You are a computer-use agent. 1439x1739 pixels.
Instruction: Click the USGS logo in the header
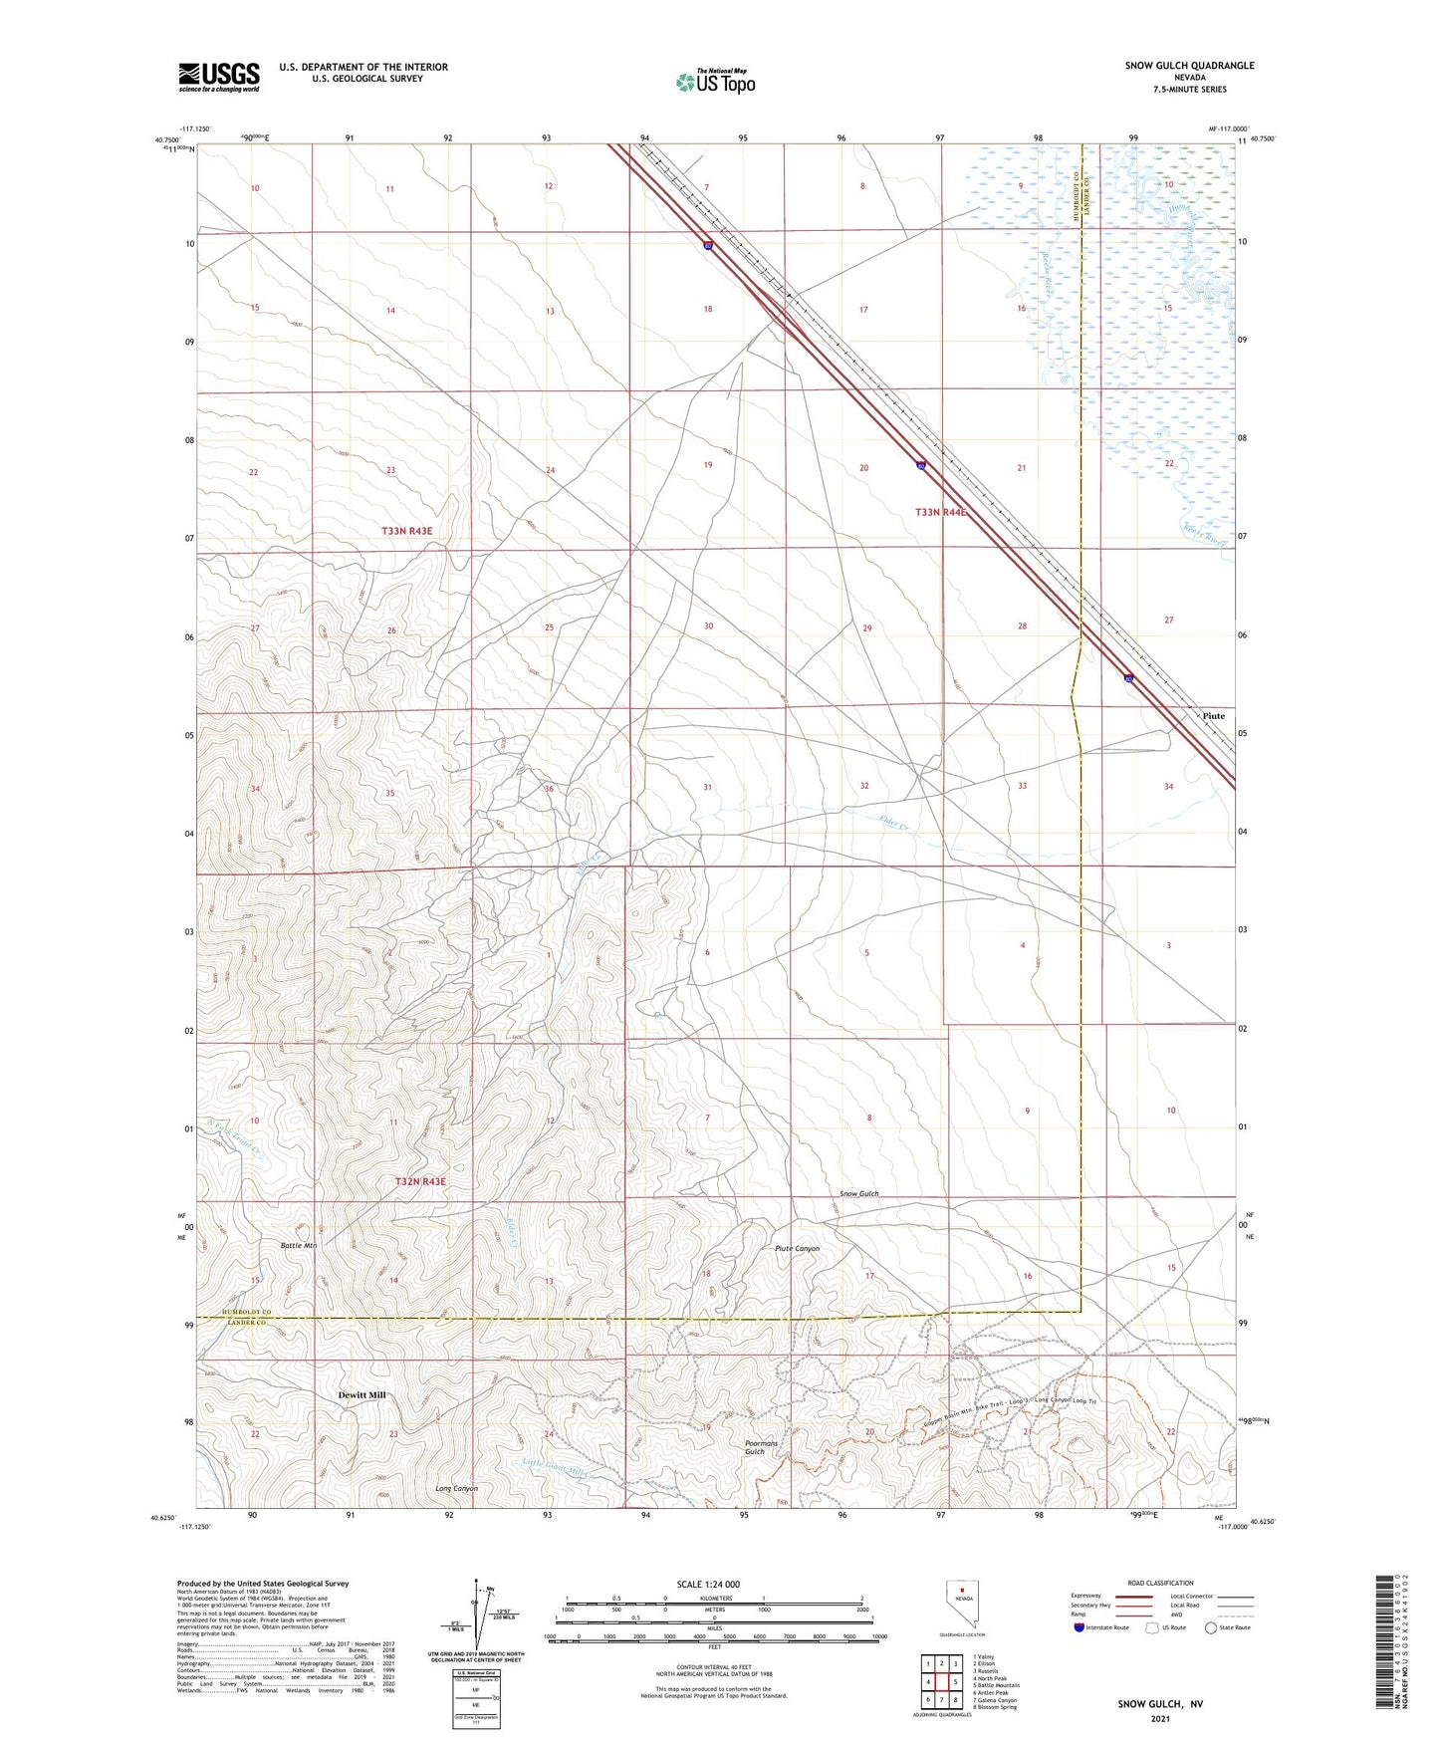[x=219, y=77]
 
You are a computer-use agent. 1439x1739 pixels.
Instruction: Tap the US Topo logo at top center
[x=715, y=82]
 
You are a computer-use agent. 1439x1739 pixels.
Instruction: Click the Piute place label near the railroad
[x=1213, y=716]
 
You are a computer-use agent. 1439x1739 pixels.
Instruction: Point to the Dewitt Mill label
[x=355, y=1395]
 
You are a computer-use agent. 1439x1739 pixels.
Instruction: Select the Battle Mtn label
[x=299, y=1246]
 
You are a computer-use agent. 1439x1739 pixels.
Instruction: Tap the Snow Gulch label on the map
[x=858, y=1193]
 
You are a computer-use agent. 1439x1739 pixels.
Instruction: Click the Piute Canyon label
[x=797, y=1248]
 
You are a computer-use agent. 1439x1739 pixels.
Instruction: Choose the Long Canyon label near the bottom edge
[x=457, y=1488]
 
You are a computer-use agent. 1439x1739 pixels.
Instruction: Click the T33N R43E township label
[x=406, y=532]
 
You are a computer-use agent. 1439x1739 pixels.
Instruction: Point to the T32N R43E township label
[x=420, y=1181]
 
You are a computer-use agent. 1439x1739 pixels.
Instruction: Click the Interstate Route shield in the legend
[x=1079, y=1627]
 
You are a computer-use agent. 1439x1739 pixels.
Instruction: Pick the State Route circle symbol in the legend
[x=1211, y=1627]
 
